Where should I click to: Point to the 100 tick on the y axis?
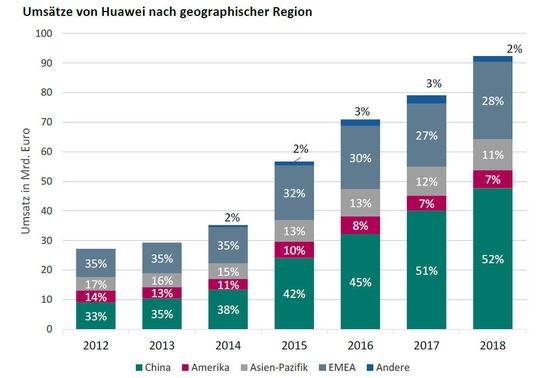pos(42,33)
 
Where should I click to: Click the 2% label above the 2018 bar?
pos(514,48)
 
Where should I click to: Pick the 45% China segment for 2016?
pos(361,281)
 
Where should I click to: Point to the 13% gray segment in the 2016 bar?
pos(361,204)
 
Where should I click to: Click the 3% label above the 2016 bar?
pos(361,111)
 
